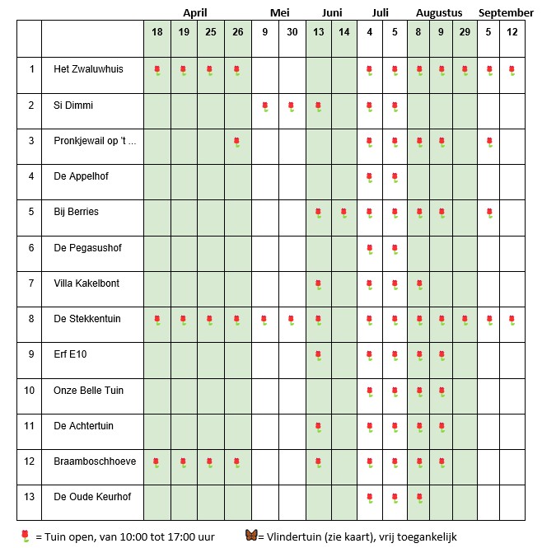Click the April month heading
tap(194, 12)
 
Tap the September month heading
tap(505, 12)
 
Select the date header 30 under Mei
tap(292, 31)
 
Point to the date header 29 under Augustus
tap(465, 31)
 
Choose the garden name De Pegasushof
tap(86, 247)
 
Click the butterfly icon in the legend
tap(250, 536)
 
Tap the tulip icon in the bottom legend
tap(26, 536)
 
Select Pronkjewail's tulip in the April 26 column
tap(237, 142)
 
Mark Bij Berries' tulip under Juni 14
tap(344, 213)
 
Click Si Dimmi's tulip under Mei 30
tap(292, 106)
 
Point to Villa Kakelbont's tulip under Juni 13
tap(318, 284)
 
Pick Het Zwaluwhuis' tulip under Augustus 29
tap(465, 70)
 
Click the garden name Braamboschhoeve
tap(94, 461)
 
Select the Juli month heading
tap(380, 12)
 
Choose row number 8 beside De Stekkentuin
tap(31, 319)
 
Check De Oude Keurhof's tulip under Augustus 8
tap(419, 498)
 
